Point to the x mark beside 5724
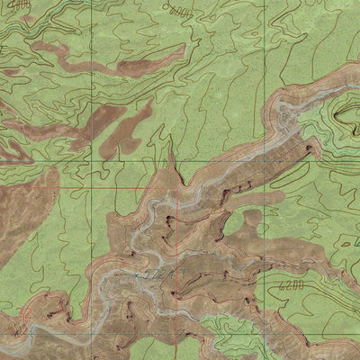coord(137,272)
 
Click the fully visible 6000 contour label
coord(180,11)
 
